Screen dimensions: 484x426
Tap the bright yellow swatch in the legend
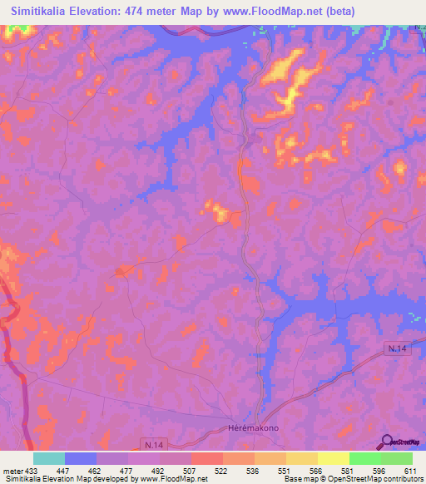tap(334, 458)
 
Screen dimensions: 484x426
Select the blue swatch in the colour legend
tap(81, 458)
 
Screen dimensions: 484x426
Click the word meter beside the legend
tap(12, 469)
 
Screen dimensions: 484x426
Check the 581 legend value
tap(349, 469)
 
